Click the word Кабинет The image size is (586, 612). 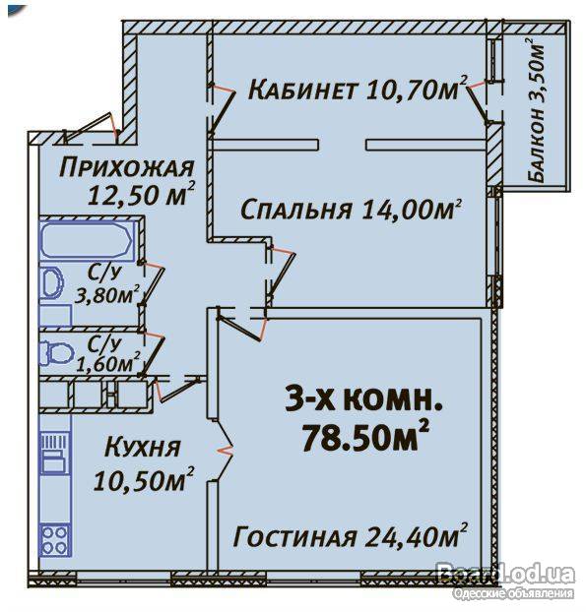301,91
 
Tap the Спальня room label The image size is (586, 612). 295,210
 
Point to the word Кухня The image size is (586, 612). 143,448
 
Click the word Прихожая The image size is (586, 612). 127,168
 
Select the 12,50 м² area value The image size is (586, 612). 142,194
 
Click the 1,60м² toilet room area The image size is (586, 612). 108,363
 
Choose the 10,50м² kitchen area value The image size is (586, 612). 144,479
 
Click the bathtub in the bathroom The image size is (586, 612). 87,240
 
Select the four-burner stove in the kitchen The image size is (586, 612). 55,540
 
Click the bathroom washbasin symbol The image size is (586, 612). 52,282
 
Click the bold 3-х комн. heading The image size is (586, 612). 363,401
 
